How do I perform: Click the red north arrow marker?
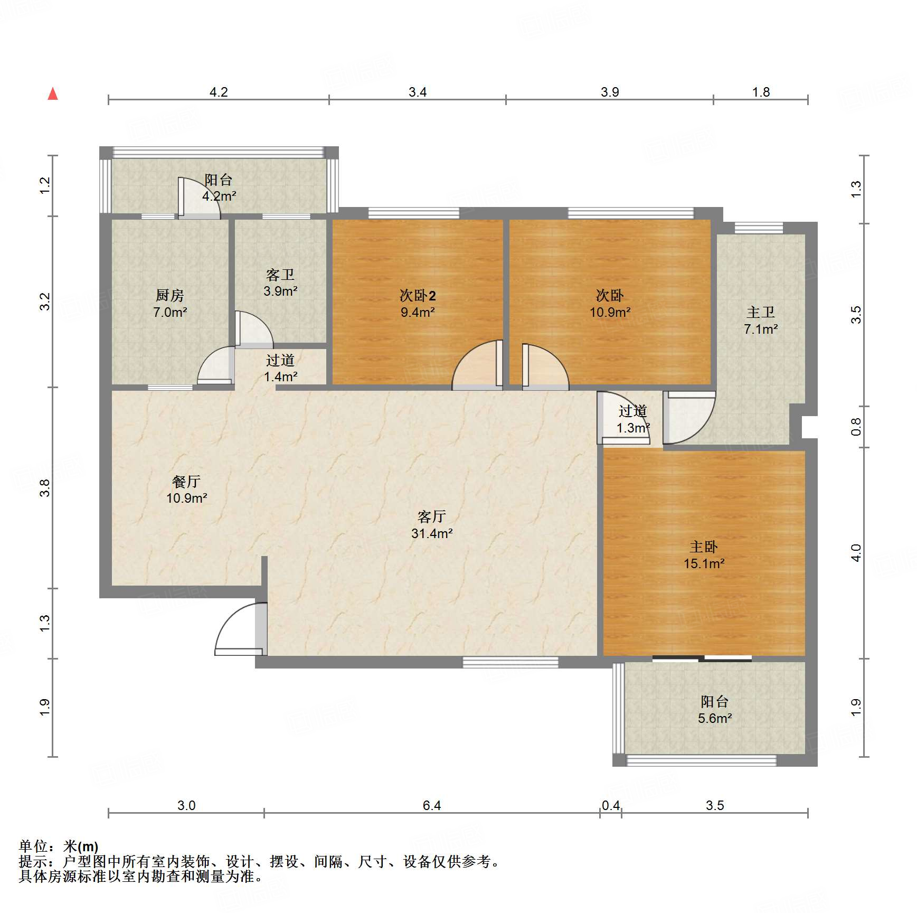53,94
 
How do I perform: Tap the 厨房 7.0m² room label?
170,304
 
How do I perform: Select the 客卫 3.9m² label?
280,283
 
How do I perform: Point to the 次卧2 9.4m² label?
418,304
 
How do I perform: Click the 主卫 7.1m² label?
761,321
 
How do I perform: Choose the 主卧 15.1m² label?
704,555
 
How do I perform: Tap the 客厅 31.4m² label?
432,525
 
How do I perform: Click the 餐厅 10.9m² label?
186,490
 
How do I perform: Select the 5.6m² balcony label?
715,710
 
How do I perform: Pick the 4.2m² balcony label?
219,187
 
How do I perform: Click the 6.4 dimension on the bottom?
432,805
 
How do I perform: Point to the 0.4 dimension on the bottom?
611,805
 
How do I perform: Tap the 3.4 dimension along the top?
418,92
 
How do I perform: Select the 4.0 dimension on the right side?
856,553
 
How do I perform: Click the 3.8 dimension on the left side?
45,487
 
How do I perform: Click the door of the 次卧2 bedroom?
477,365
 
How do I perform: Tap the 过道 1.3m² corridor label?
633,419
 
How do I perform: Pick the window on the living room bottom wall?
511,662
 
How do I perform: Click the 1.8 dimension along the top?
761,92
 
